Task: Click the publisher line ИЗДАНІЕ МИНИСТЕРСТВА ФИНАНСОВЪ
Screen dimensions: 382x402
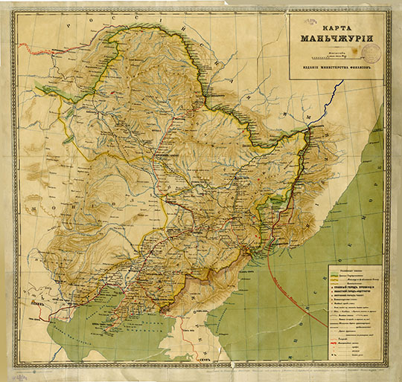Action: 336,71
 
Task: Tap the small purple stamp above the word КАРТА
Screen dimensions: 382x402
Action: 305,19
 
